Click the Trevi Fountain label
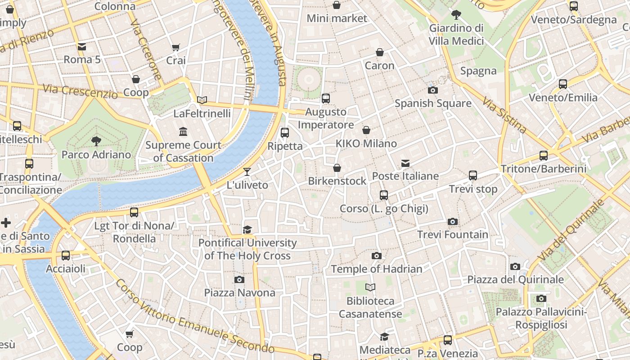pos(452,234)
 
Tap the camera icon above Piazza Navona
pos(239,279)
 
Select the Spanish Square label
pos(433,103)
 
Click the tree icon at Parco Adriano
pos(96,141)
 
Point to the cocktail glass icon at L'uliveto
pos(247,171)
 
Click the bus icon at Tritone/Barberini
pos(544,156)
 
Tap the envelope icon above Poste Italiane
pos(405,163)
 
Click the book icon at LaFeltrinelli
pos(202,100)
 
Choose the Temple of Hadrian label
pos(377,269)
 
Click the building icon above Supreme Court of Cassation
pos(183,132)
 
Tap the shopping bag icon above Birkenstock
pos(337,168)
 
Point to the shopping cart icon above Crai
pos(176,47)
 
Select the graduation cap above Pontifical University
pos(247,230)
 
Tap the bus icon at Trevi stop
pos(473,175)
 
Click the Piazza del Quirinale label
pos(515,279)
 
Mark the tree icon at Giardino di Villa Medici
pos(456,15)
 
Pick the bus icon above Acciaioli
pos(66,256)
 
